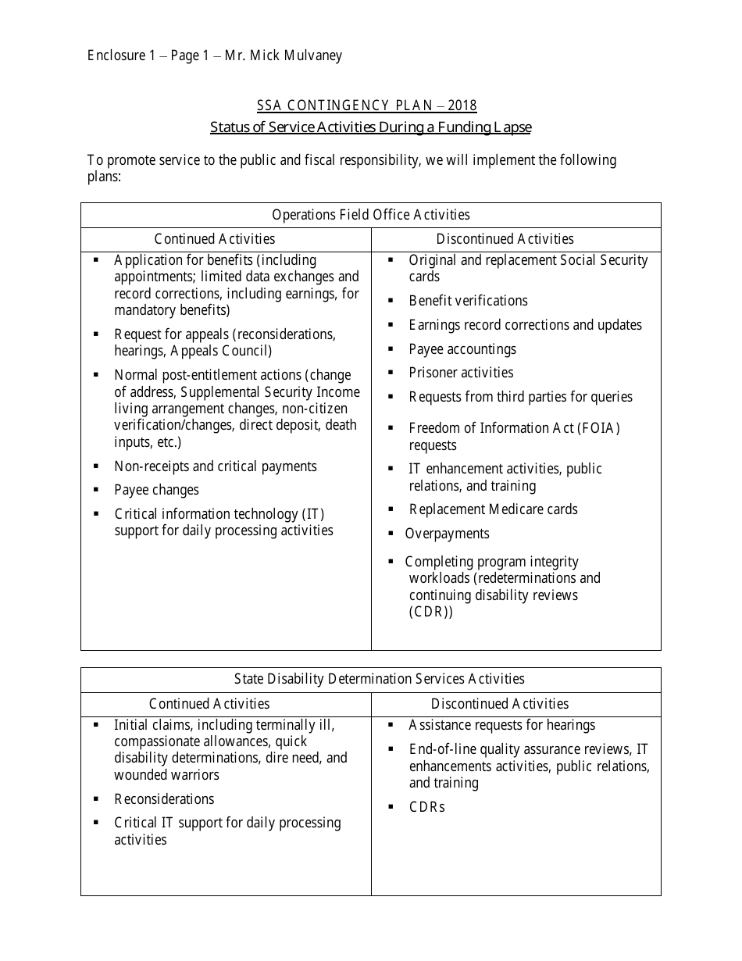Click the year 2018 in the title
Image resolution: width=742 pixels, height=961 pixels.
tap(462, 105)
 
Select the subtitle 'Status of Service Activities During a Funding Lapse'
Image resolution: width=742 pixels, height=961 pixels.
tap(370, 127)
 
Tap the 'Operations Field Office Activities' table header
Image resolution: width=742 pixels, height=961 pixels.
tap(370, 215)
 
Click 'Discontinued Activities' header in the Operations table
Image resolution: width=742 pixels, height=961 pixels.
tap(505, 239)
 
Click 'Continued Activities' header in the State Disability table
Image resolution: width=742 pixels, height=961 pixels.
tap(209, 704)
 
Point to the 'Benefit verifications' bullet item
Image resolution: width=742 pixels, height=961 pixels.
tap(468, 301)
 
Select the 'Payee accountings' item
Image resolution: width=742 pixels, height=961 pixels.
tap(462, 349)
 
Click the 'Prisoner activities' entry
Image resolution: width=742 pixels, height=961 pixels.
tap(461, 373)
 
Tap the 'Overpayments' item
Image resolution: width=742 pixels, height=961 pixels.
tap(447, 534)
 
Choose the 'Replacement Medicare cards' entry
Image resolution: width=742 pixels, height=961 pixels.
tap(493, 509)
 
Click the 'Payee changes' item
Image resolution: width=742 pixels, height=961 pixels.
tap(156, 490)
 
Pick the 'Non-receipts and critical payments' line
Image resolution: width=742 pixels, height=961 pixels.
tap(216, 466)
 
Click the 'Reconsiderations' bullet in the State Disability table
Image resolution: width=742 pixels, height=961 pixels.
tap(164, 799)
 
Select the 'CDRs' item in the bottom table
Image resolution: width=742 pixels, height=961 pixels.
tap(426, 807)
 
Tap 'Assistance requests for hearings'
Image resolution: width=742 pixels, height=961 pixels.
tap(501, 725)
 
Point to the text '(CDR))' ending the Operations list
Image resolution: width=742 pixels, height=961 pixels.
tap(430, 612)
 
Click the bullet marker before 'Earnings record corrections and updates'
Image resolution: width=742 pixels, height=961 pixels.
tap(391, 324)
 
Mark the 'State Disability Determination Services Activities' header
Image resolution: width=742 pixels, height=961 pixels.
tap(379, 680)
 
